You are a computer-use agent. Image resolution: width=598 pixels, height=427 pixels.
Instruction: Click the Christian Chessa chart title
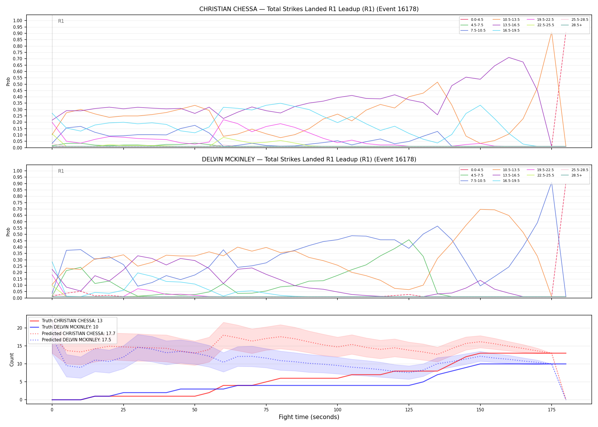coord(309,9)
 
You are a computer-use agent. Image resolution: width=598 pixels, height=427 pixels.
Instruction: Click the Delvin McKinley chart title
coord(309,159)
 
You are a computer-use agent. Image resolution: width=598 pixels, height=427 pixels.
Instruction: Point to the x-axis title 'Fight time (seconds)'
coord(309,417)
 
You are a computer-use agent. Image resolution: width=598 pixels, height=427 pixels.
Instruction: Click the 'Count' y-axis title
coord(12,360)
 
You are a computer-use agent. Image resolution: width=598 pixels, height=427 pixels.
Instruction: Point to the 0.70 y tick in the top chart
coord(18,59)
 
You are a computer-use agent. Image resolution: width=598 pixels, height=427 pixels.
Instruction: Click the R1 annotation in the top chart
coord(61,21)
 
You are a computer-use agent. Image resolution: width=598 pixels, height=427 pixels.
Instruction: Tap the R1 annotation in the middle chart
coord(61,171)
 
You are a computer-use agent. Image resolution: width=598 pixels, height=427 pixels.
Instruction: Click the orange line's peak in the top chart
coord(552,32)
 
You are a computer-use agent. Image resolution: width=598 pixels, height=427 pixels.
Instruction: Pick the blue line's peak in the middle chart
coord(552,182)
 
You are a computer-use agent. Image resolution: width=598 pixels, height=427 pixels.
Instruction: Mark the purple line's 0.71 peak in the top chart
coord(509,58)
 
